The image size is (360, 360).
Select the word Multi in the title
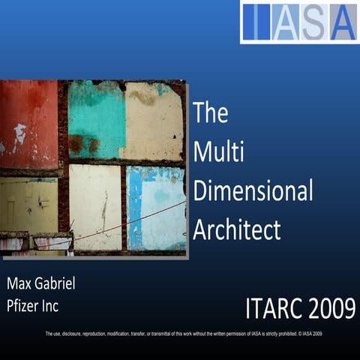coord(215,151)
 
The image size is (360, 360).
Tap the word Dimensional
coord(253,190)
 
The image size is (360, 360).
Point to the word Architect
coord(236,229)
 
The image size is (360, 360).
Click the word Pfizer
coord(25,306)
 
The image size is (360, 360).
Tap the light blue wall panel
coord(154,207)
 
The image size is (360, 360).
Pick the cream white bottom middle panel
coord(94,207)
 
